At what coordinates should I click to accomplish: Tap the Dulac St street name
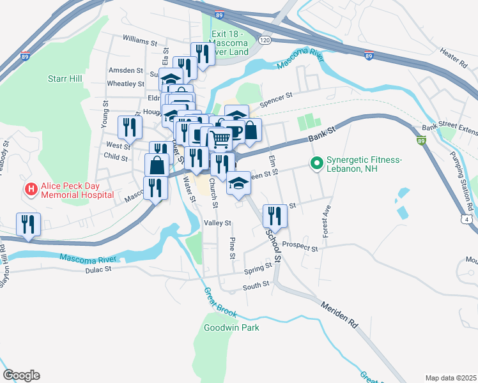98,269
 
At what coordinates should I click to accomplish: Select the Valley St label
217,223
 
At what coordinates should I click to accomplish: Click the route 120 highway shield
264,40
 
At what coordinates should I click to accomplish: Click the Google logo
21,375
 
